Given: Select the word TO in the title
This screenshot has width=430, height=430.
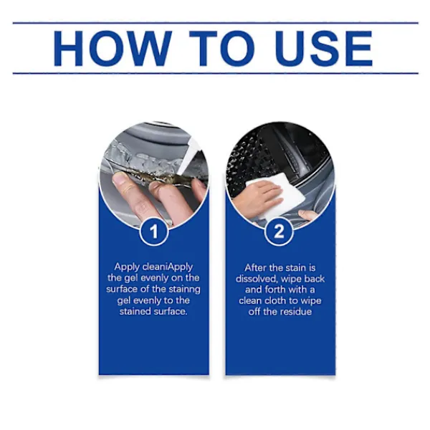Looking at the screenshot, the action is pos(222,49).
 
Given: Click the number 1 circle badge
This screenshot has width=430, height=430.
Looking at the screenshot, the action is pos(153,231).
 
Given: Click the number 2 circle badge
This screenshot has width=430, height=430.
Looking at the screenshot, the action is pos(279,231).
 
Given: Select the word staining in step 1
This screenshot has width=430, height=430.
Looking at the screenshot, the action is pos(185,290).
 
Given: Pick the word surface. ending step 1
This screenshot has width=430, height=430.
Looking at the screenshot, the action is pos(171,312).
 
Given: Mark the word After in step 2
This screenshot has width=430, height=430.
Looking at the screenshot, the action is pos(256,267).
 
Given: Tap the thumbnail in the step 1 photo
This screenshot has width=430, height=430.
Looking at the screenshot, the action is pos(119,179).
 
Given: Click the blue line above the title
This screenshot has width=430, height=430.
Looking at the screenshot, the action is pos(216,23).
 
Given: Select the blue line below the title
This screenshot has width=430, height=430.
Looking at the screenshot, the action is pos(216,74).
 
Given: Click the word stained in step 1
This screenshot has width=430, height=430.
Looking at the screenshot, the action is pos(135,312).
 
